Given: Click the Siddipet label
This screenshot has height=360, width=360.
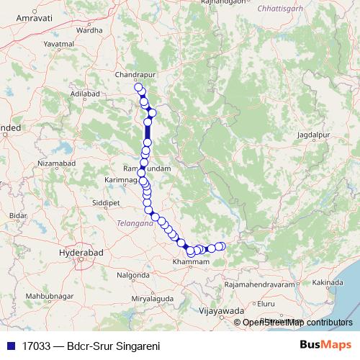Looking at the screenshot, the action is [x=106, y=203].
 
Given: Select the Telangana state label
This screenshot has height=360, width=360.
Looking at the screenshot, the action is [x=135, y=224].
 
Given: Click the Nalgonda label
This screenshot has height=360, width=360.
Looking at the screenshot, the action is [x=132, y=275].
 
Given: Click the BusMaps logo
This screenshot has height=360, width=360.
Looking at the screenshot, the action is [x=325, y=345].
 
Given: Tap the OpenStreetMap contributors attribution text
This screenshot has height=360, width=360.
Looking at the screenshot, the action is [x=297, y=323].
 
